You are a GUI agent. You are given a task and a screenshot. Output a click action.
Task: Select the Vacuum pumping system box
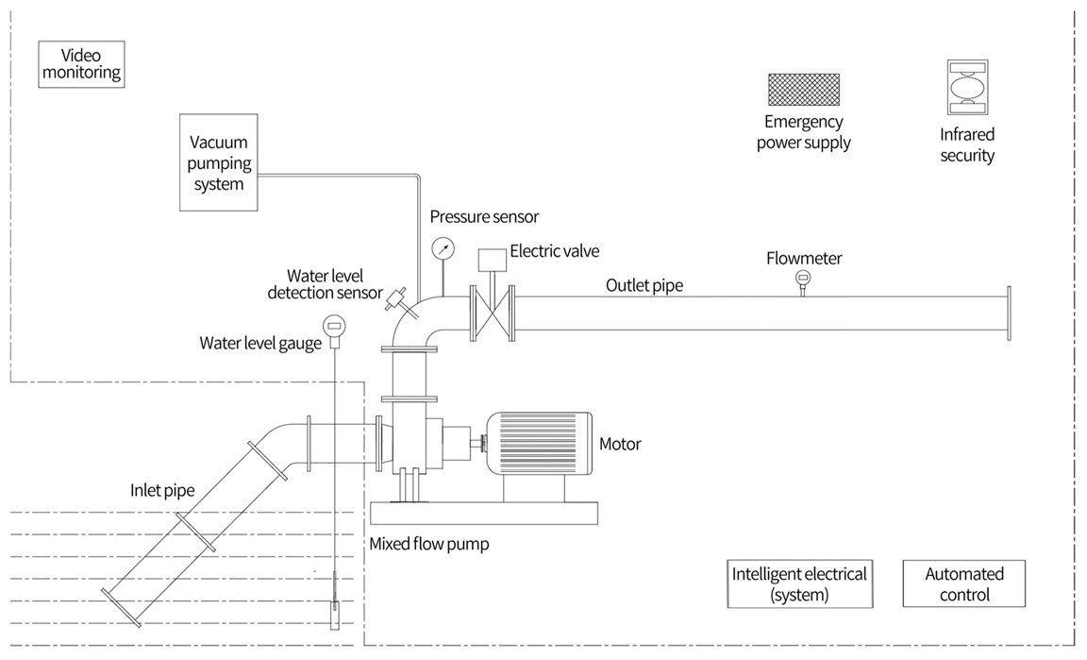point(219,162)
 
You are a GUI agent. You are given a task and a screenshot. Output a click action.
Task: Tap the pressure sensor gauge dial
point(442,249)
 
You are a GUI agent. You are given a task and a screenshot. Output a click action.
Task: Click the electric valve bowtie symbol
point(491,312)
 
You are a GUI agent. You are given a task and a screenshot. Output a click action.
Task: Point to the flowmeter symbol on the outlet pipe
point(803,278)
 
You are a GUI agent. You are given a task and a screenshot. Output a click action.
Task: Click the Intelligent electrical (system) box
point(798,584)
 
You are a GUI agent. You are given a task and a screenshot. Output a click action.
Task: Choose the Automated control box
point(963,584)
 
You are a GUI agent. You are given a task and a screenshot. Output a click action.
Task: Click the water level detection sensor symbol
point(396,301)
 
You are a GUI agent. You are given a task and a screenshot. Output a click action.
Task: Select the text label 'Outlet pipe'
point(644,285)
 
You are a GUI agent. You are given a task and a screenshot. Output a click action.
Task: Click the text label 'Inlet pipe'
point(162,491)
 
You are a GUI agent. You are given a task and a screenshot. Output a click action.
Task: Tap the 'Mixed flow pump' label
point(429,545)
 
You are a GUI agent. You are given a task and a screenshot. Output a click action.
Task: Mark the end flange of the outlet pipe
point(1008,312)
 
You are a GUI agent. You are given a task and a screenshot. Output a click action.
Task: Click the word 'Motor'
point(620,444)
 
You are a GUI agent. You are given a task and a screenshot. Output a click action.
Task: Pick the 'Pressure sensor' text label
point(484,217)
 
